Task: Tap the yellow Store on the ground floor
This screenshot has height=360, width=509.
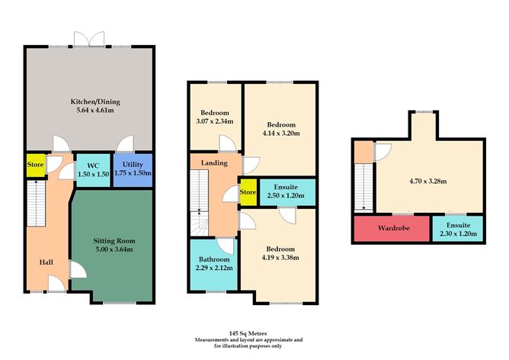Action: tap(35, 165)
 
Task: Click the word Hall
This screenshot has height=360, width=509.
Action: tap(46, 262)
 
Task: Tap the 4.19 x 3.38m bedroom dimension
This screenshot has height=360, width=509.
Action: tap(280, 256)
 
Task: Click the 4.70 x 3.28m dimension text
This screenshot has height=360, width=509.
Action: tap(424, 181)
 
